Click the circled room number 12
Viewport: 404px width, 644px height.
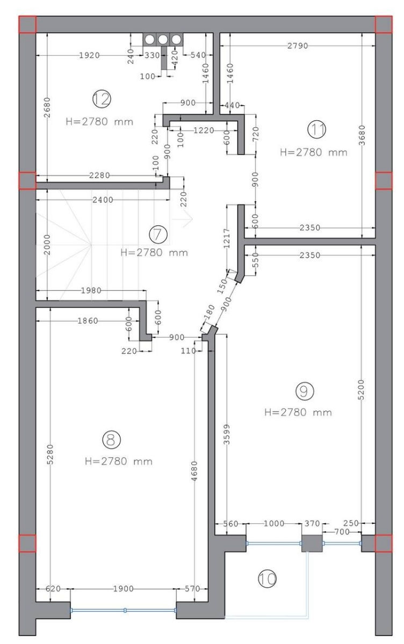pos(102,99)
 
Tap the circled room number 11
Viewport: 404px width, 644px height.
pos(317,129)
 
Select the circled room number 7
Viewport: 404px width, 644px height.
pos(158,235)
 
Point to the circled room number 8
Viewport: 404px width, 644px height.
pos(111,440)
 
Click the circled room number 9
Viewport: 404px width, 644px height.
pos(305,391)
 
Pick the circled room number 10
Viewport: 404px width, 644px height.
pos(268,578)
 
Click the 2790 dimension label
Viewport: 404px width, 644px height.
pos(298,46)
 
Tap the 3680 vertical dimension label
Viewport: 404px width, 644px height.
pos(362,135)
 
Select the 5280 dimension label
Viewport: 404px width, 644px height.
pos(50,454)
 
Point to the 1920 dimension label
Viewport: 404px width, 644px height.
pos(89,55)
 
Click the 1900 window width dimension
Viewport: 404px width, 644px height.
pos(123,589)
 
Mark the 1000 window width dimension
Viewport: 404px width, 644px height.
pos(274,523)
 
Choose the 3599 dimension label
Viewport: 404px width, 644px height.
pos(227,434)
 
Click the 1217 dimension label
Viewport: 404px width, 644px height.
pos(227,238)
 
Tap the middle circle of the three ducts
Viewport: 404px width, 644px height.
pos(163,39)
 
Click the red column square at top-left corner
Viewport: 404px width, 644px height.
pos(27,25)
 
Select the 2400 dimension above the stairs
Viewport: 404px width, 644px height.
pos(103,200)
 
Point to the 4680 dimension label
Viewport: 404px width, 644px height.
pos(194,471)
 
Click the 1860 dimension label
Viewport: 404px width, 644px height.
pos(88,320)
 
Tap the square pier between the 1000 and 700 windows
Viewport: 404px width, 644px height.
pos(312,543)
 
